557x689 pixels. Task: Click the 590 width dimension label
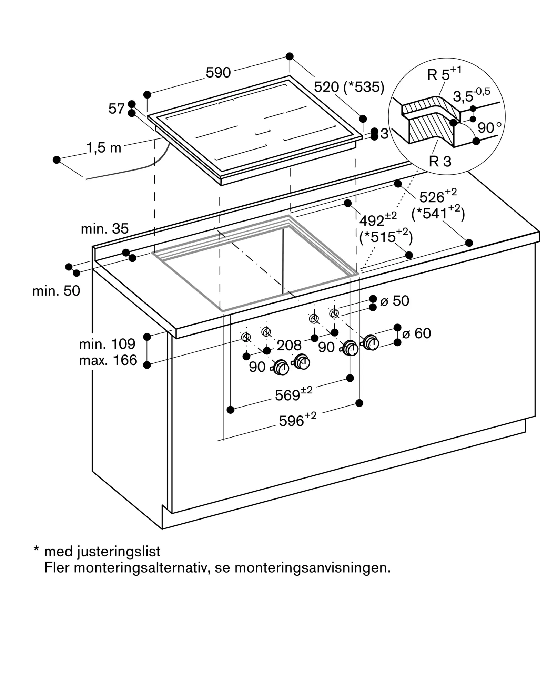click(x=218, y=73)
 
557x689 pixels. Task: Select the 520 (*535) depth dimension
click(x=349, y=87)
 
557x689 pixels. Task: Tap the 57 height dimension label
click(x=116, y=109)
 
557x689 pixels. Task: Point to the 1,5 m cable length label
click(x=104, y=148)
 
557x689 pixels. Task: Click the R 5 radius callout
click(x=444, y=73)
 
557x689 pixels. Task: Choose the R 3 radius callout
click(x=440, y=161)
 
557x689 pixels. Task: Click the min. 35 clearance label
click(x=105, y=229)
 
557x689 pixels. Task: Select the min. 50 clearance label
click(x=56, y=291)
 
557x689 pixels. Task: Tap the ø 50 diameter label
click(x=395, y=301)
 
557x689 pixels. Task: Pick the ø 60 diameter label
click(x=416, y=333)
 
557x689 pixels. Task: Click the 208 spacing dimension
click(x=289, y=345)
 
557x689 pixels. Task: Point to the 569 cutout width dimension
click(x=294, y=394)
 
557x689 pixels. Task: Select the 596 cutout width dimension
click(x=297, y=420)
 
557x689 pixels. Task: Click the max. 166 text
click(x=108, y=360)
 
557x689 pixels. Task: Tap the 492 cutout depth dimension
click(x=378, y=219)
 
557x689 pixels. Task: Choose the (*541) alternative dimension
click(x=438, y=213)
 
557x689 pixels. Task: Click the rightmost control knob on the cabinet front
click(x=371, y=342)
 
